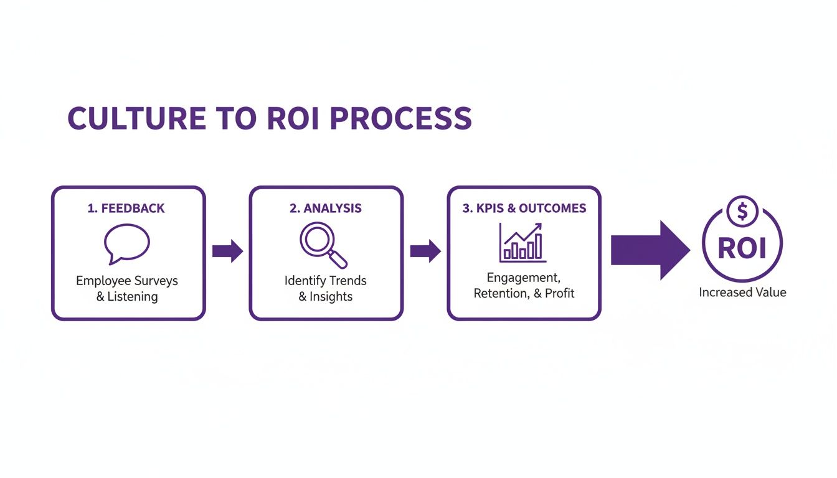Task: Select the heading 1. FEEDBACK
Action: point(126,209)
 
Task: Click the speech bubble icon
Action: point(127,243)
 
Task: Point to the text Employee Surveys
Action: point(127,281)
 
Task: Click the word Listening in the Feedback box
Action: point(133,297)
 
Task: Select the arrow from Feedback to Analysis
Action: point(227,251)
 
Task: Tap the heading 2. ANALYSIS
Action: point(325,209)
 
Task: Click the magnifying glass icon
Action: point(323,245)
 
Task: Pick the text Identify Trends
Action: point(325,281)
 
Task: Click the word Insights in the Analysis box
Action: point(331,297)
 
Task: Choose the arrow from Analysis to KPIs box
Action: point(425,251)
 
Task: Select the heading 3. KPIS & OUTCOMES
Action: point(524,209)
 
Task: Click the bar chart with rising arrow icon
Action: point(523,243)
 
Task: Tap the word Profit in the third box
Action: point(559,293)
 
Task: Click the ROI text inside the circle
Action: point(742,248)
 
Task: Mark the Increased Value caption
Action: point(742,293)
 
